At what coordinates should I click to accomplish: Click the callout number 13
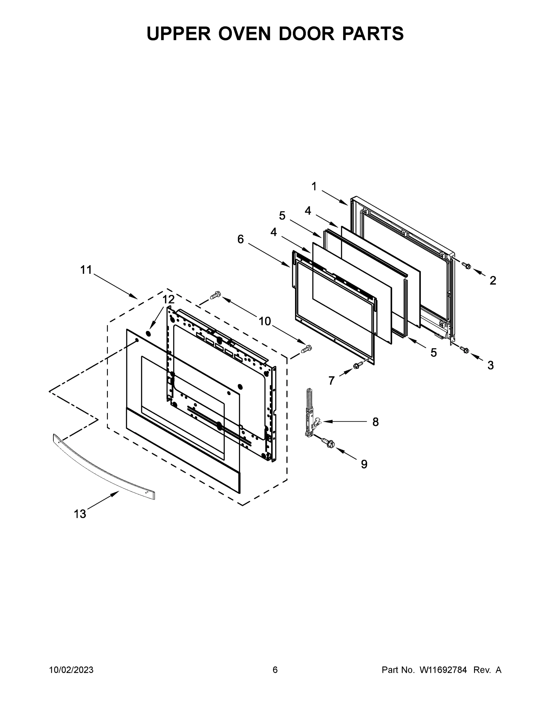click(x=80, y=514)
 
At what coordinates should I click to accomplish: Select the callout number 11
click(x=86, y=270)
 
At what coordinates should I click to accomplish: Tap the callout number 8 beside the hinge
click(x=375, y=422)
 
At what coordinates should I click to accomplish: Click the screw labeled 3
click(x=465, y=350)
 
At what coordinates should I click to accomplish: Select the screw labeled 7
click(x=357, y=366)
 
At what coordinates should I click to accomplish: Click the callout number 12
click(x=168, y=299)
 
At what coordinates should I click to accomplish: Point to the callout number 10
click(x=264, y=322)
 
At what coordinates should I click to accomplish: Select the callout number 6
click(x=240, y=239)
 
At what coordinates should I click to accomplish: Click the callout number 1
click(x=314, y=187)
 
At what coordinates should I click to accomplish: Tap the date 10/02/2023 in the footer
click(x=71, y=670)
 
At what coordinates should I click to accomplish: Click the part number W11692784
click(x=443, y=670)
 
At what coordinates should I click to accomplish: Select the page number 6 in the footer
click(x=275, y=670)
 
